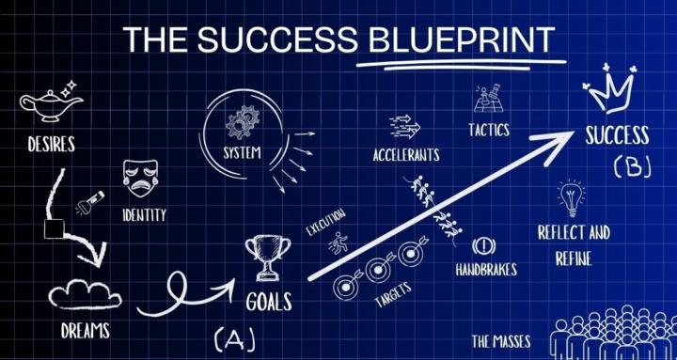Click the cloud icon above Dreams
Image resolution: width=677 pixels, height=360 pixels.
point(86,295)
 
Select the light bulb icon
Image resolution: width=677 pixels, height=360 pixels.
point(571,197)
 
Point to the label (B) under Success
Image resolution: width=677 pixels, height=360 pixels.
point(632,167)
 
